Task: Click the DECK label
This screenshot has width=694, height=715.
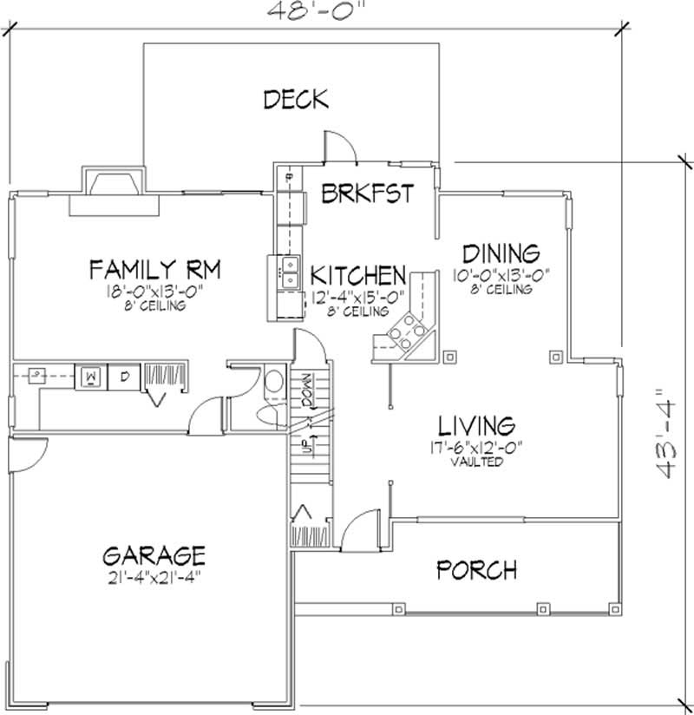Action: [x=296, y=100]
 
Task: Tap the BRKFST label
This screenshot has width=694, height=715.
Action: [x=368, y=193]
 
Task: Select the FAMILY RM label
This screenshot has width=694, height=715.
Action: [x=155, y=270]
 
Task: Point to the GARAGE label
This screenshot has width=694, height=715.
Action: [x=154, y=556]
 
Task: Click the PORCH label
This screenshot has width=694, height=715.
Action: [x=477, y=569]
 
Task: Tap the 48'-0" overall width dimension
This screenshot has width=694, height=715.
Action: [x=317, y=10]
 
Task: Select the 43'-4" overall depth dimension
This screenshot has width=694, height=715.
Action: [x=665, y=433]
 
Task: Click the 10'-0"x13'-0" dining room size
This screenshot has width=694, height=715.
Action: [x=501, y=275]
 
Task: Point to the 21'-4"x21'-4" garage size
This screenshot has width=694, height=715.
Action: [x=154, y=578]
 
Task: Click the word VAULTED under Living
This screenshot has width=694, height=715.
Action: [x=477, y=462]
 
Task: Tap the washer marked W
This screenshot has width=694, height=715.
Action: [x=91, y=377]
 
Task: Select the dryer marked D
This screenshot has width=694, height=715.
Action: [x=124, y=377]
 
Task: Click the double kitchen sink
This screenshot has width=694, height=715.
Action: [x=290, y=272]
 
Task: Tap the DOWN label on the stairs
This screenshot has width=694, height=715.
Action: [x=307, y=390]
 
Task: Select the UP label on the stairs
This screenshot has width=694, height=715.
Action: [x=308, y=443]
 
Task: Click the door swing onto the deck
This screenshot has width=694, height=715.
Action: [x=339, y=147]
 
